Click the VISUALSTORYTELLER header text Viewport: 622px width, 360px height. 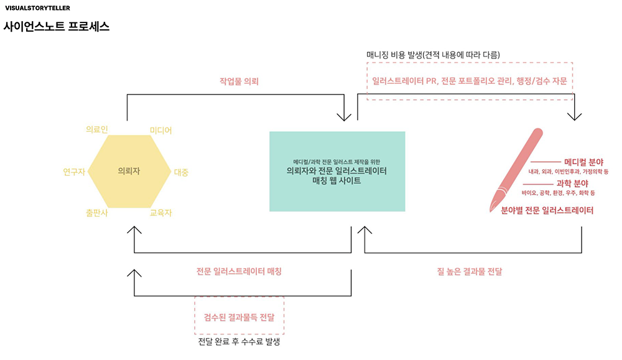coord(37,9)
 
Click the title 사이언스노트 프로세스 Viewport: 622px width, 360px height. coord(57,27)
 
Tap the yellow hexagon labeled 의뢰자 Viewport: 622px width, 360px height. coord(129,171)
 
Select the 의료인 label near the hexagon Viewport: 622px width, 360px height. coord(96,129)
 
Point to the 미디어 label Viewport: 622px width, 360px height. coord(160,130)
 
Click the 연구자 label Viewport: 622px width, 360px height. coord(73,172)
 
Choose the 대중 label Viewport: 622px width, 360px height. coord(182,172)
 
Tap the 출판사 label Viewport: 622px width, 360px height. coord(96,213)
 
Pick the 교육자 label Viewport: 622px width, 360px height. coord(160,213)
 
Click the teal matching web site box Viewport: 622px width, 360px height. coord(337,171)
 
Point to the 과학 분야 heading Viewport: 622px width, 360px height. coord(572,184)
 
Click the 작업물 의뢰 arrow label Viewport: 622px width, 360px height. coord(238,81)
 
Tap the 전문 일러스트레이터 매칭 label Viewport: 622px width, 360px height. coord(239,272)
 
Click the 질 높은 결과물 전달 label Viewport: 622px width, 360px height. coord(470,272)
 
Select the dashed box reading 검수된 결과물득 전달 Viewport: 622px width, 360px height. coord(239,316)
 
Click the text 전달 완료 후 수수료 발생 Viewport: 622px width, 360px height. coord(239,341)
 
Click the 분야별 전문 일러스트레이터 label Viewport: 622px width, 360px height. coord(547,211)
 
